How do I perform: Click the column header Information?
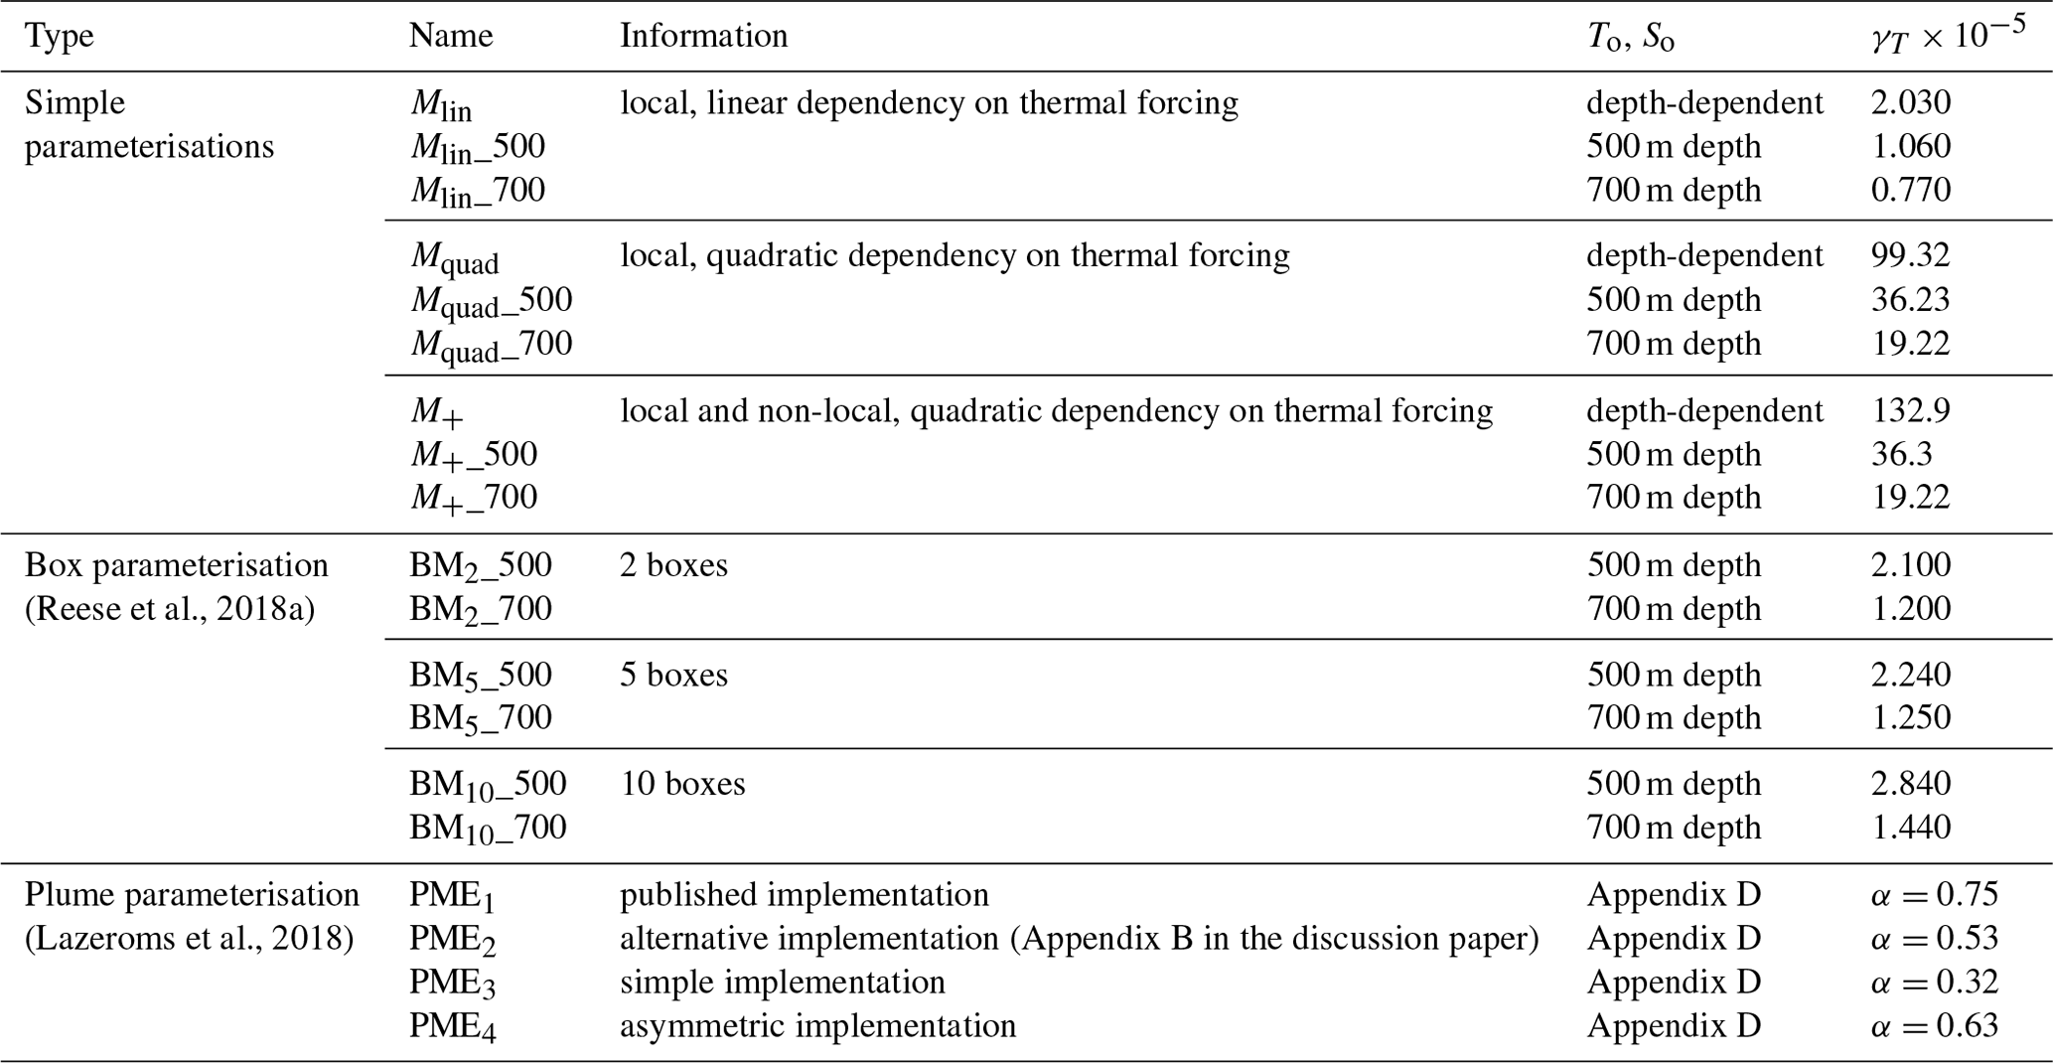[x=703, y=36]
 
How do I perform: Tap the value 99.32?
[x=1910, y=255]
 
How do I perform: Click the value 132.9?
[x=1910, y=410]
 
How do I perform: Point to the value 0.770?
[x=1910, y=189]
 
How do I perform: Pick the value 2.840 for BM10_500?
[x=1910, y=783]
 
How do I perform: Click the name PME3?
[x=452, y=983]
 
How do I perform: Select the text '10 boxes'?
[x=682, y=784]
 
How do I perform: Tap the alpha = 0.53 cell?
[x=1933, y=938]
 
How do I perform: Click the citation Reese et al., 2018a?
[x=169, y=608]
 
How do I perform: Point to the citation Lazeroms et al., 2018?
[x=189, y=938]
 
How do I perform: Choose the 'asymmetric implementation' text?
[x=817, y=1025]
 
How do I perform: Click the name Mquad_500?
[x=491, y=300]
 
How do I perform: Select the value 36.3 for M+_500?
[x=1901, y=454]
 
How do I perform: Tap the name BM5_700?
[x=480, y=717]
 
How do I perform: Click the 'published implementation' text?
[x=804, y=894]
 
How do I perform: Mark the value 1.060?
[x=1910, y=146]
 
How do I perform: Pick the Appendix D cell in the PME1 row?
[x=1673, y=894]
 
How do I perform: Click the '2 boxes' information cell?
[x=673, y=564]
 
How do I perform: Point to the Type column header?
[x=60, y=36]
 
